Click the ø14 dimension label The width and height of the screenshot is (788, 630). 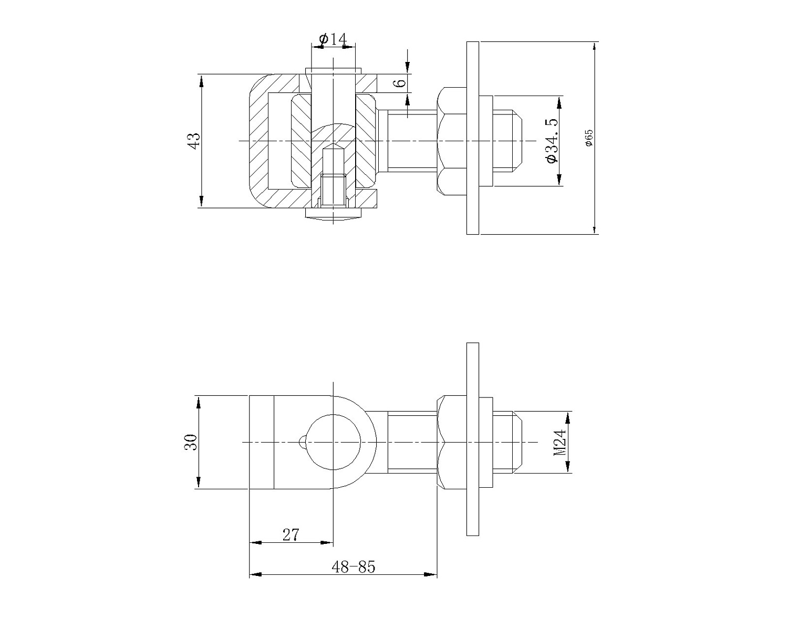pos(333,39)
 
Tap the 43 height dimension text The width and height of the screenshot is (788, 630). pos(194,141)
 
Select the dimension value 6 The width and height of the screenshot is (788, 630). pos(401,82)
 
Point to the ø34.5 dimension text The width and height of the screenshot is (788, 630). pos(552,141)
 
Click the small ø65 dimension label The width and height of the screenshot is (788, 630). pos(589,138)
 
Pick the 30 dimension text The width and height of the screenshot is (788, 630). pos(191,442)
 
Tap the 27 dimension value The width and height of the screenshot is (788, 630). pos(291,535)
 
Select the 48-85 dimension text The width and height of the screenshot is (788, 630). pos(354,567)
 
